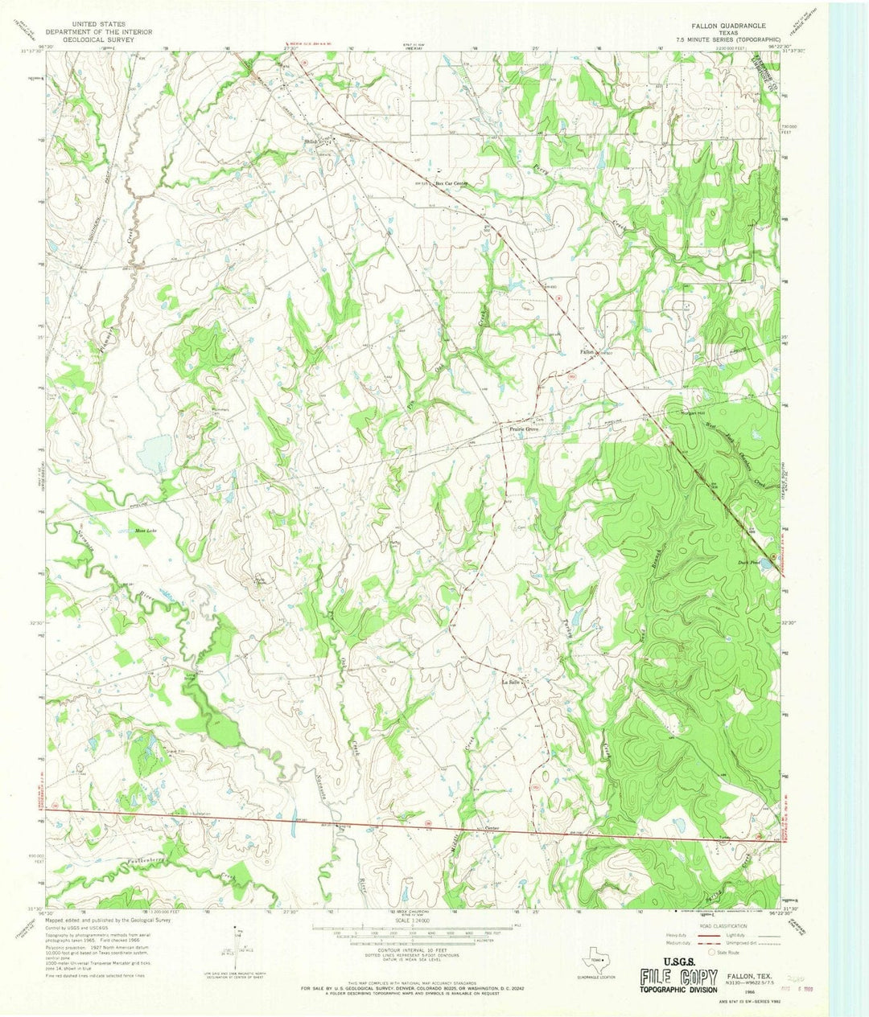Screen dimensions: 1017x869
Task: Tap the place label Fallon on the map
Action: click(x=587, y=351)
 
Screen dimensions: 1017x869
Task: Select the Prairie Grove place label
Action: click(x=522, y=429)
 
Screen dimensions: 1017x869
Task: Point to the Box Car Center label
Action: click(x=451, y=183)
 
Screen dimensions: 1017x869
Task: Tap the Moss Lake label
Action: click(x=145, y=531)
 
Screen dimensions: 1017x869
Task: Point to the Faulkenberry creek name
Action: click(x=151, y=861)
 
